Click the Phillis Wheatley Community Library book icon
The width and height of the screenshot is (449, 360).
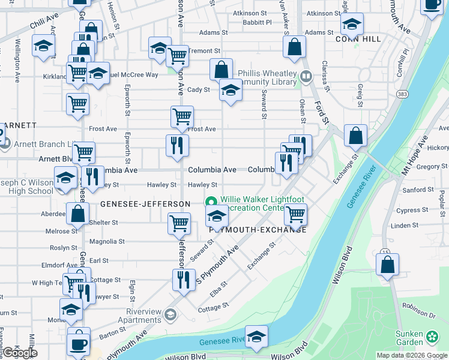[306, 76]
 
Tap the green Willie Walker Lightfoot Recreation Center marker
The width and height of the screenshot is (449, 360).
[211, 202]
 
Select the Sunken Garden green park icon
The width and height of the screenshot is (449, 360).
[432, 338]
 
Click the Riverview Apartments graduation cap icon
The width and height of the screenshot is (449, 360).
[170, 314]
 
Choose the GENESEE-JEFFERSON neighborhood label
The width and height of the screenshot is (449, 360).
[145, 204]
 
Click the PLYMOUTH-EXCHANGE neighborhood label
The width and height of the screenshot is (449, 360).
[258, 230]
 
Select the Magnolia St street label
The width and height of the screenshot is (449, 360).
[106, 241]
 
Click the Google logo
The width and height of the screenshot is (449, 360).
[19, 353]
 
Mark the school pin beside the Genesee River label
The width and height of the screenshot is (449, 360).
[256, 337]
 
